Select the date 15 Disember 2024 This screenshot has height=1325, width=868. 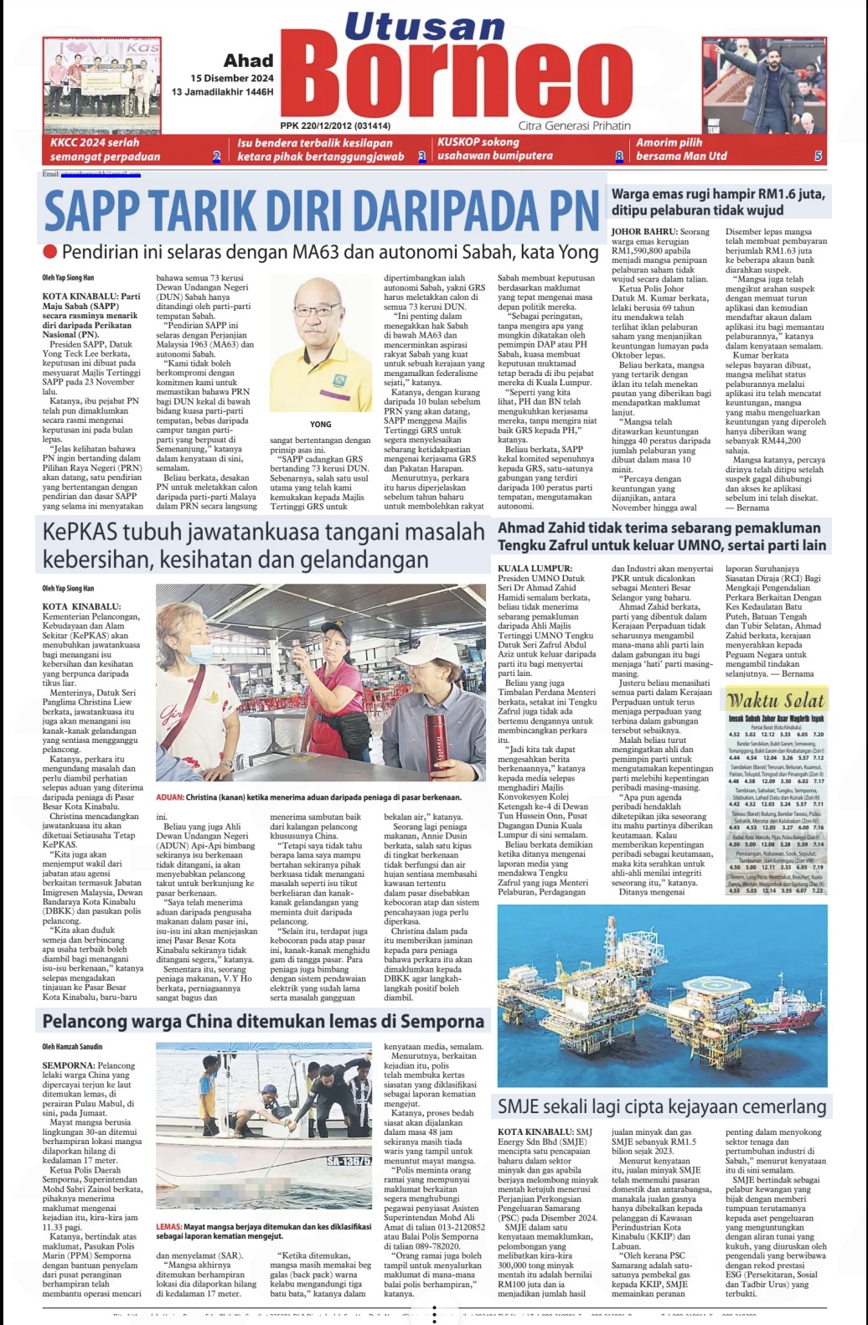click(232, 78)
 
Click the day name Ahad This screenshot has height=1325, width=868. click(248, 60)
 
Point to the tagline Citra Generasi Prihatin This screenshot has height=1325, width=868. click(574, 126)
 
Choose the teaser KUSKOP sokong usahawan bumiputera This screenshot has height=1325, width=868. click(494, 149)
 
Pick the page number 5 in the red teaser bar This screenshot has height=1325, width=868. click(818, 156)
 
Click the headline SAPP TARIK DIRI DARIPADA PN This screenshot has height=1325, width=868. click(321, 211)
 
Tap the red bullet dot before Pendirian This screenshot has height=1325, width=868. click(49, 251)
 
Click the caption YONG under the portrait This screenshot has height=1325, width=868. click(320, 425)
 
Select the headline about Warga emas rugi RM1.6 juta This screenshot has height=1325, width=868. click(717, 202)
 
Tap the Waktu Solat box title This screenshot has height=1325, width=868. click(775, 700)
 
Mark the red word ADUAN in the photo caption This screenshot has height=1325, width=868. click(169, 797)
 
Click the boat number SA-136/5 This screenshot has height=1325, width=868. click(349, 1161)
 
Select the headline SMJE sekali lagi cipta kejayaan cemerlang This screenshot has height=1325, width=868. click(662, 1106)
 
